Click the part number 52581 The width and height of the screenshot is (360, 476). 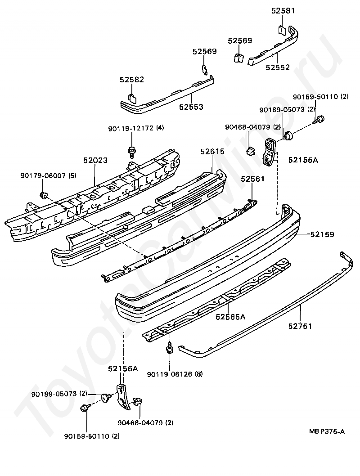pyautogui.click(x=283, y=11)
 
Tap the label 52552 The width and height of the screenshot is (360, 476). pyautogui.click(x=278, y=67)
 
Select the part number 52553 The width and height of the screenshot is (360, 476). pyautogui.click(x=191, y=107)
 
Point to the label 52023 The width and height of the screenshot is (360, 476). pyautogui.click(x=95, y=160)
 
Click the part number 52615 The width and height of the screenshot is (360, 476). pyautogui.click(x=212, y=151)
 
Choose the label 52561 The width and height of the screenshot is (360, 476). pyautogui.click(x=252, y=179)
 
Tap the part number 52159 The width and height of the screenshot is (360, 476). pyautogui.click(x=322, y=234)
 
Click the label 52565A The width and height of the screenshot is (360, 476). pyautogui.click(x=231, y=317)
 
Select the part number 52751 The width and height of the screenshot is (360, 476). pyautogui.click(x=300, y=326)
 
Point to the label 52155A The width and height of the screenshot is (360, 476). pyautogui.click(x=303, y=160)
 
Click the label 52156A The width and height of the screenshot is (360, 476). pyautogui.click(x=123, y=368)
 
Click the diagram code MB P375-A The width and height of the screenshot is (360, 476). pyautogui.click(x=327, y=431)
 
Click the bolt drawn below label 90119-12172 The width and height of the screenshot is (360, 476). pyautogui.click(x=132, y=152)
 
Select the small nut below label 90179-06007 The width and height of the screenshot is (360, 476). pyautogui.click(x=43, y=195)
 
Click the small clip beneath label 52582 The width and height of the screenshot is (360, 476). pyautogui.click(x=132, y=98)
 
